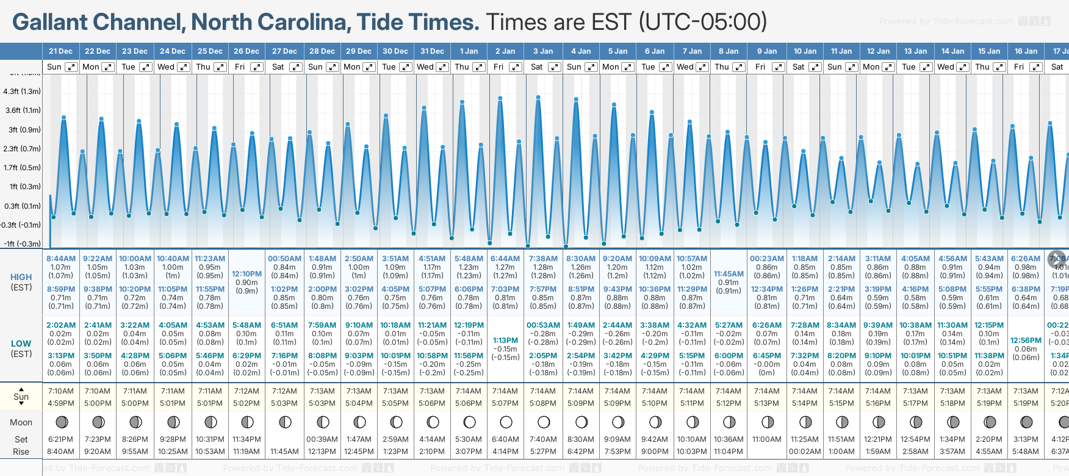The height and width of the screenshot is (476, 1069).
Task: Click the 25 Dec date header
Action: [x=210, y=51]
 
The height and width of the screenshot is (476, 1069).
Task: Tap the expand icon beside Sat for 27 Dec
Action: [x=295, y=67]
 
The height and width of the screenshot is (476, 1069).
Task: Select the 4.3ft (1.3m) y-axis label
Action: [x=22, y=92]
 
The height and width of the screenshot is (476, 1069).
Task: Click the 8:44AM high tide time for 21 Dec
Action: [x=61, y=259]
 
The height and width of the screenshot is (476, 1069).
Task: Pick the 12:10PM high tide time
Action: [x=247, y=274]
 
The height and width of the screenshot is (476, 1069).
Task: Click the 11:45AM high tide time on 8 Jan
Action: [x=729, y=274]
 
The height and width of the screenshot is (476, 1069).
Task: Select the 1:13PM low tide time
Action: [x=505, y=341]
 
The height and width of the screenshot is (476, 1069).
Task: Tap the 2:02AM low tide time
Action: [x=61, y=325]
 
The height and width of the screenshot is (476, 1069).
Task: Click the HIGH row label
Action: [x=21, y=277]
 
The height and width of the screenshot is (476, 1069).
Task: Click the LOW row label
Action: [x=21, y=344]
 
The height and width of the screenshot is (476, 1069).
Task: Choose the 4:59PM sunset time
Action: [x=61, y=403]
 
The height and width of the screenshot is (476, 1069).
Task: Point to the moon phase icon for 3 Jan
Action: [x=544, y=422]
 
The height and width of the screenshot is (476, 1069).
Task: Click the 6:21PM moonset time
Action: [x=61, y=439]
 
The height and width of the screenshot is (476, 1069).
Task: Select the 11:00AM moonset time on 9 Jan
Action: [x=766, y=439]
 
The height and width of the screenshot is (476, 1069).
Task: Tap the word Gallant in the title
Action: [x=50, y=23]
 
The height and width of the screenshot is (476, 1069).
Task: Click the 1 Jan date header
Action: [x=469, y=51]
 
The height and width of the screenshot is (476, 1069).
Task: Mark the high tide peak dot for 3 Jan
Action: [x=538, y=97]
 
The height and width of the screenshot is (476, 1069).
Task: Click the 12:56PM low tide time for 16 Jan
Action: [x=1026, y=341]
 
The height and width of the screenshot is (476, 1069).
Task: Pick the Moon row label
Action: [x=21, y=422]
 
